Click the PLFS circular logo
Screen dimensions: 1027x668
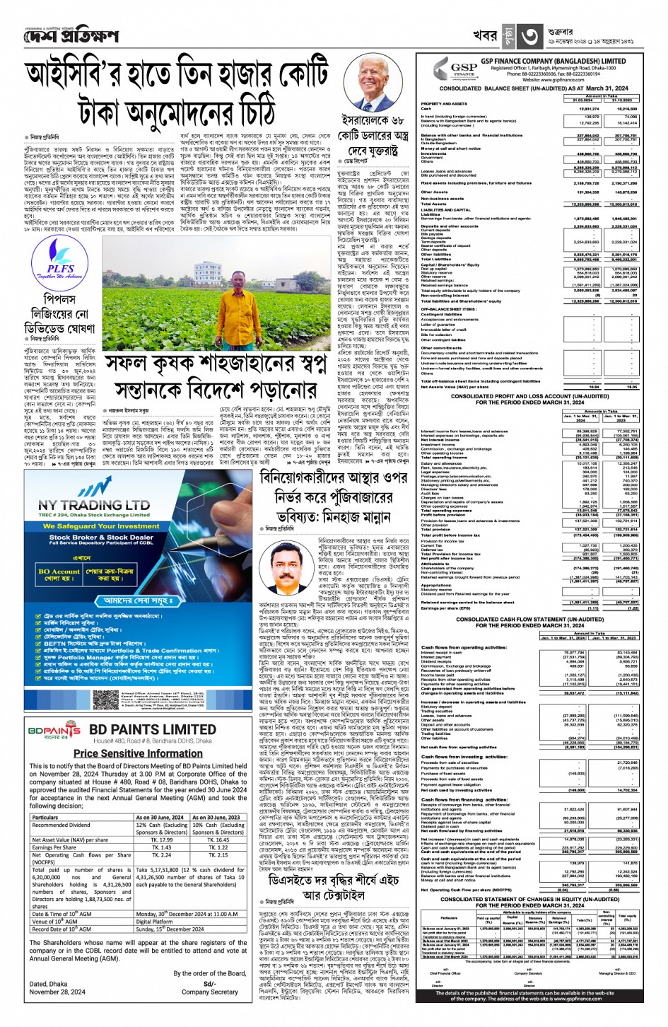pyautogui.click(x=60, y=262)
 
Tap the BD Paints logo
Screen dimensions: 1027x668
pyautogui.click(x=54, y=730)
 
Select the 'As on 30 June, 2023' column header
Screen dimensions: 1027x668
pyautogui.click(x=218, y=817)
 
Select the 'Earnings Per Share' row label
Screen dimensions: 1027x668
pyautogui.click(x=54, y=847)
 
